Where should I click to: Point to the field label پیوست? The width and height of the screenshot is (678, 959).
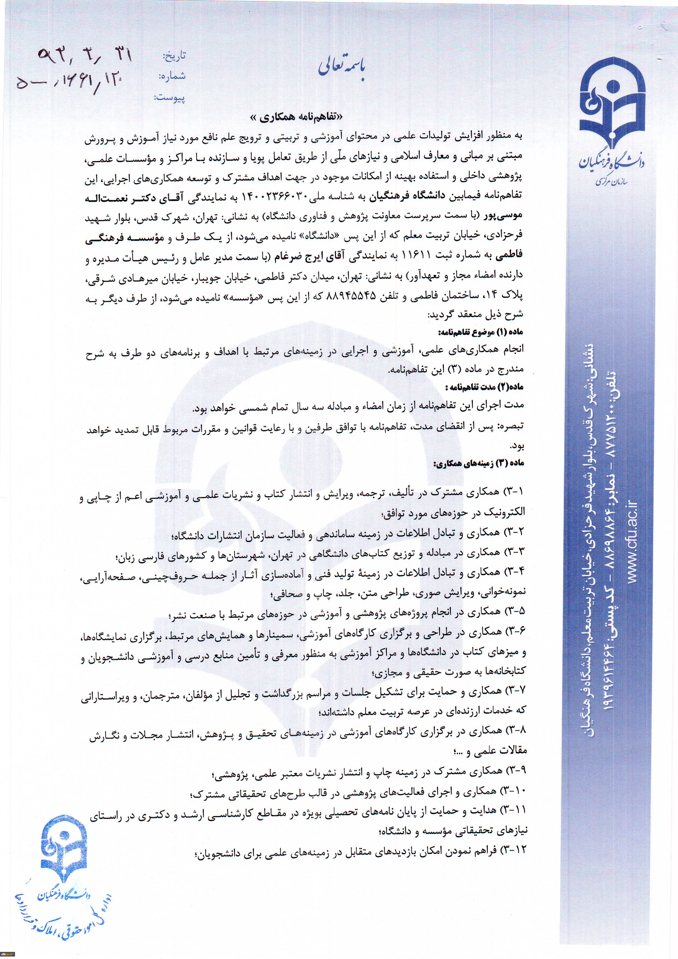(169, 98)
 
